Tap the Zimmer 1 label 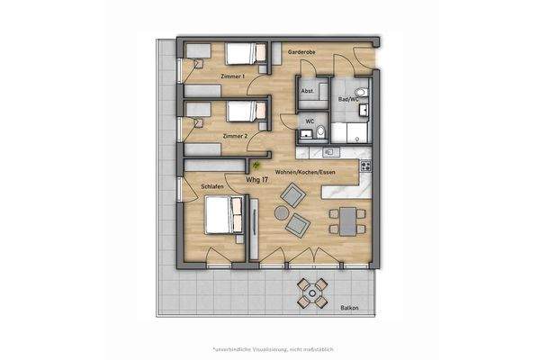[233, 76]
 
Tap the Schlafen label [213, 185]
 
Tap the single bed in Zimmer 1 [240, 55]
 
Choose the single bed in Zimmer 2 [240, 112]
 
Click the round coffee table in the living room [282, 212]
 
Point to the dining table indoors [346, 218]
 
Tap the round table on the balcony [313, 291]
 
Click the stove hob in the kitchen [365, 166]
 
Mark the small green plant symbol [256, 165]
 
